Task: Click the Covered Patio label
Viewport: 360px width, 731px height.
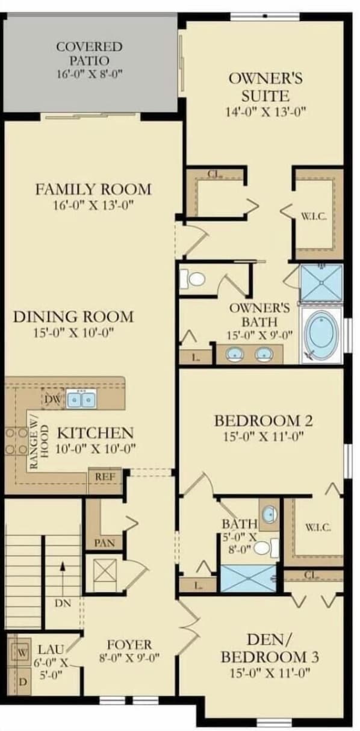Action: (90, 54)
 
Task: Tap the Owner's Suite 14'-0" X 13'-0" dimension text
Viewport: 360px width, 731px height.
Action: (265, 112)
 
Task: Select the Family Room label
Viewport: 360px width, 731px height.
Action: (93, 190)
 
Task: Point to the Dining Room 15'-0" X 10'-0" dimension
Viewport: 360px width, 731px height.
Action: (73, 333)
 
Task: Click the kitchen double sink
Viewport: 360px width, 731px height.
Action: (81, 400)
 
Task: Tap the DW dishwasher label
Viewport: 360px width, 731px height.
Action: (53, 399)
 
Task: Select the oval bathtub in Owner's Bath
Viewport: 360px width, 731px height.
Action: (321, 335)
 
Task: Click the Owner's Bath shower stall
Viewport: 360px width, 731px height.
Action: (321, 282)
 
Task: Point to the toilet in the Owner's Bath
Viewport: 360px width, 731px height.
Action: (193, 279)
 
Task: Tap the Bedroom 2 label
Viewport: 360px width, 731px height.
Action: (264, 421)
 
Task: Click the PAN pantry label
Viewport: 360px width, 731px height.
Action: (104, 543)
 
